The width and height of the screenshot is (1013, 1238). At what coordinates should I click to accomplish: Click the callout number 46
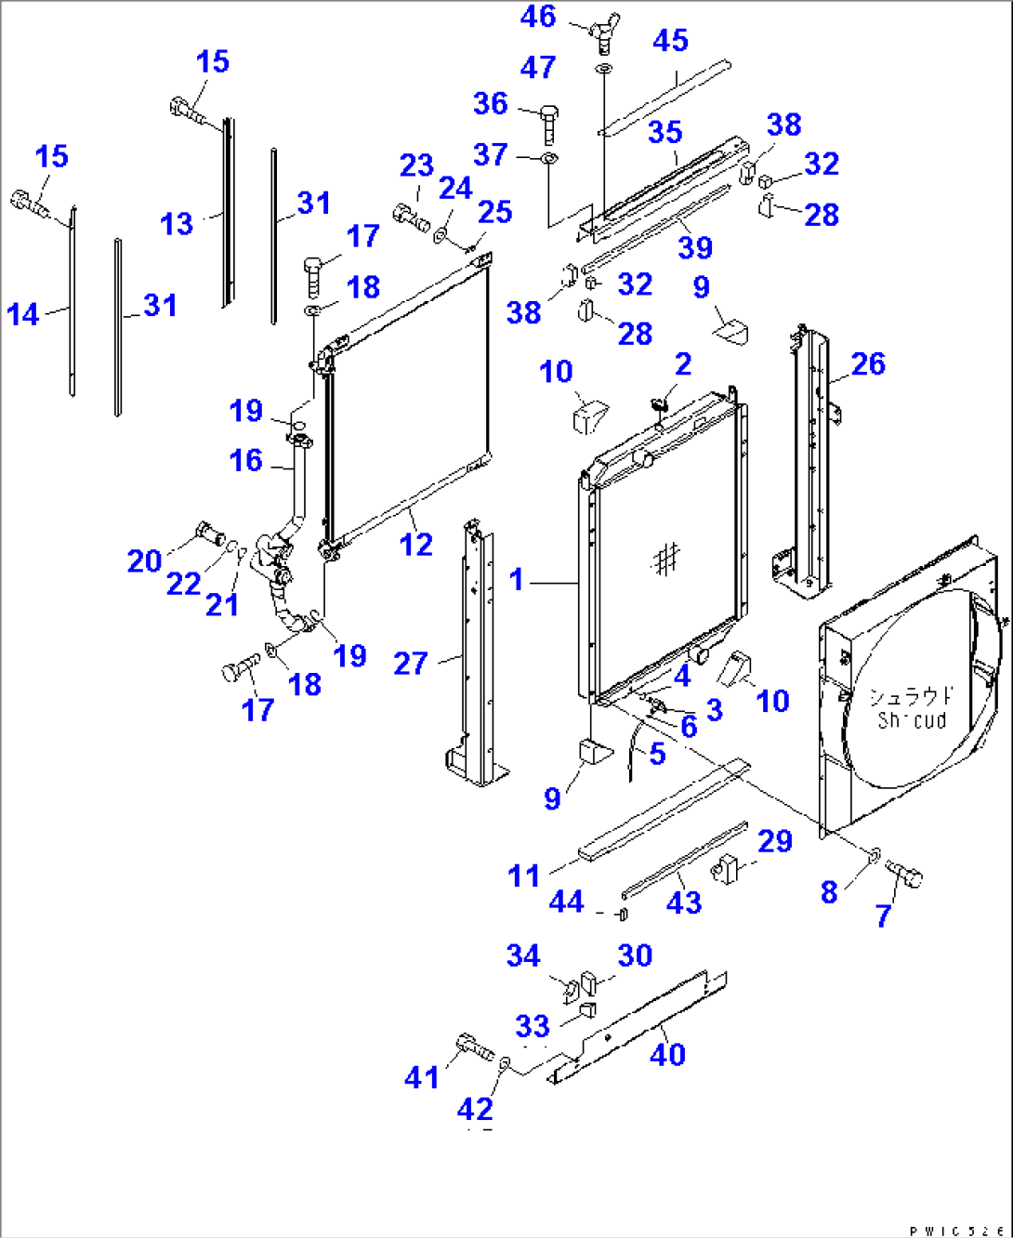click(538, 17)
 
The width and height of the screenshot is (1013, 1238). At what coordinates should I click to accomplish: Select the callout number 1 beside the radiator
click(517, 581)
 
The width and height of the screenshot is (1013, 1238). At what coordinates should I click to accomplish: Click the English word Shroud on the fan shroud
click(911, 720)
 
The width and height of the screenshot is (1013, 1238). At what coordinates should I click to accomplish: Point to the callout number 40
click(667, 1055)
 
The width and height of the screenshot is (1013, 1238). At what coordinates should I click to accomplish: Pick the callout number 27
click(410, 664)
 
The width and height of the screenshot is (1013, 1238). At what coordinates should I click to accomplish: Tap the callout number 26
click(867, 364)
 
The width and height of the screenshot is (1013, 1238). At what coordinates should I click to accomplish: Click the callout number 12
click(415, 545)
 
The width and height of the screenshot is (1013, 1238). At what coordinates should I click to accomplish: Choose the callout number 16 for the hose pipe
click(246, 460)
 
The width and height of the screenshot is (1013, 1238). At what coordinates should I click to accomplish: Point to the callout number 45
click(670, 41)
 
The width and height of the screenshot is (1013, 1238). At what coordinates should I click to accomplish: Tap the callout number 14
click(23, 315)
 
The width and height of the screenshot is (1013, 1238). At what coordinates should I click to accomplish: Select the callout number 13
click(177, 224)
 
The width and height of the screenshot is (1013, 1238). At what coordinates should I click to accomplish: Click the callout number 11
click(523, 876)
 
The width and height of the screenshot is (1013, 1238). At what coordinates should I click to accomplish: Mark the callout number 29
click(774, 841)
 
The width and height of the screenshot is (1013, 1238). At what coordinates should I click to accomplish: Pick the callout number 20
click(144, 561)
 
